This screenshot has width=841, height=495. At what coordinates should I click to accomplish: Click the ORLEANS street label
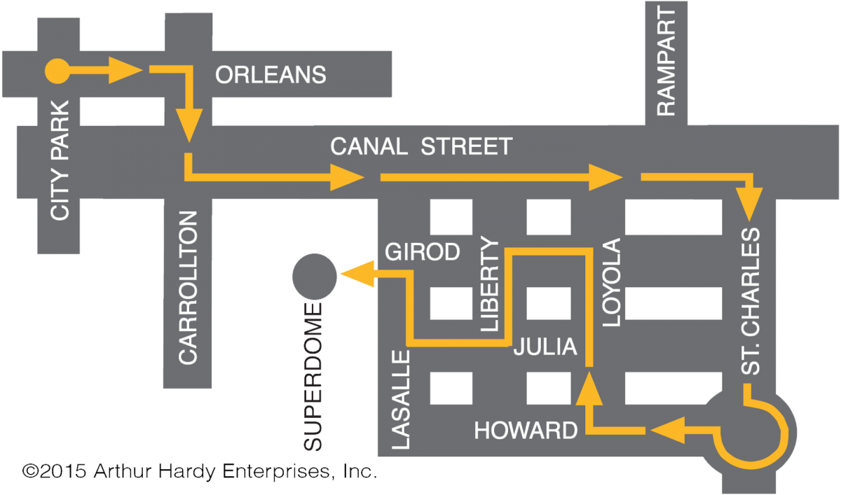pos(271,74)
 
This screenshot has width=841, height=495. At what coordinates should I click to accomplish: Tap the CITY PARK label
pos(60,160)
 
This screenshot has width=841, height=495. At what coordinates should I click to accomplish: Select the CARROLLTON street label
pos(188,288)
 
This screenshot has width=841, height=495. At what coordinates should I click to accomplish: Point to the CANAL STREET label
pos(421,146)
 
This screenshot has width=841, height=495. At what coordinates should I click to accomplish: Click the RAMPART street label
pos(666,61)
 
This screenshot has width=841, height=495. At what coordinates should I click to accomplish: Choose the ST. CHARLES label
pos(751,302)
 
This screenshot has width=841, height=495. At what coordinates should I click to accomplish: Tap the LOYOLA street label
pos(612,282)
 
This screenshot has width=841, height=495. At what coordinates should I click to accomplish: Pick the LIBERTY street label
pos(490,284)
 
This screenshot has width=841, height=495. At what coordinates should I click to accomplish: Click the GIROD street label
pos(423,251)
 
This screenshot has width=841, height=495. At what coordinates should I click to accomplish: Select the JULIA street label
pos(545,346)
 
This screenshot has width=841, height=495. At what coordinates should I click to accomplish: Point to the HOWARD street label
pos(526,430)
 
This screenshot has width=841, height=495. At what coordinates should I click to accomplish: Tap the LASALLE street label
pos(401,400)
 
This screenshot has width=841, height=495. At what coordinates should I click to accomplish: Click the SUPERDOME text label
pos(313,377)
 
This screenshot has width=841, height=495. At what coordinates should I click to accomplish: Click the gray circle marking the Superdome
pos(315,277)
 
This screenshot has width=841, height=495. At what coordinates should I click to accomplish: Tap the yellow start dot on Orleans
pos(57,71)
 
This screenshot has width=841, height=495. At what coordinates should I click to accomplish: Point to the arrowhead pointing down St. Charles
pos(749,204)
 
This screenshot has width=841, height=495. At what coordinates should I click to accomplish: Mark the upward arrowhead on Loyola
pos(589,388)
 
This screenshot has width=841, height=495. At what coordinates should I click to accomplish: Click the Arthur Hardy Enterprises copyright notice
pos(199,471)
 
